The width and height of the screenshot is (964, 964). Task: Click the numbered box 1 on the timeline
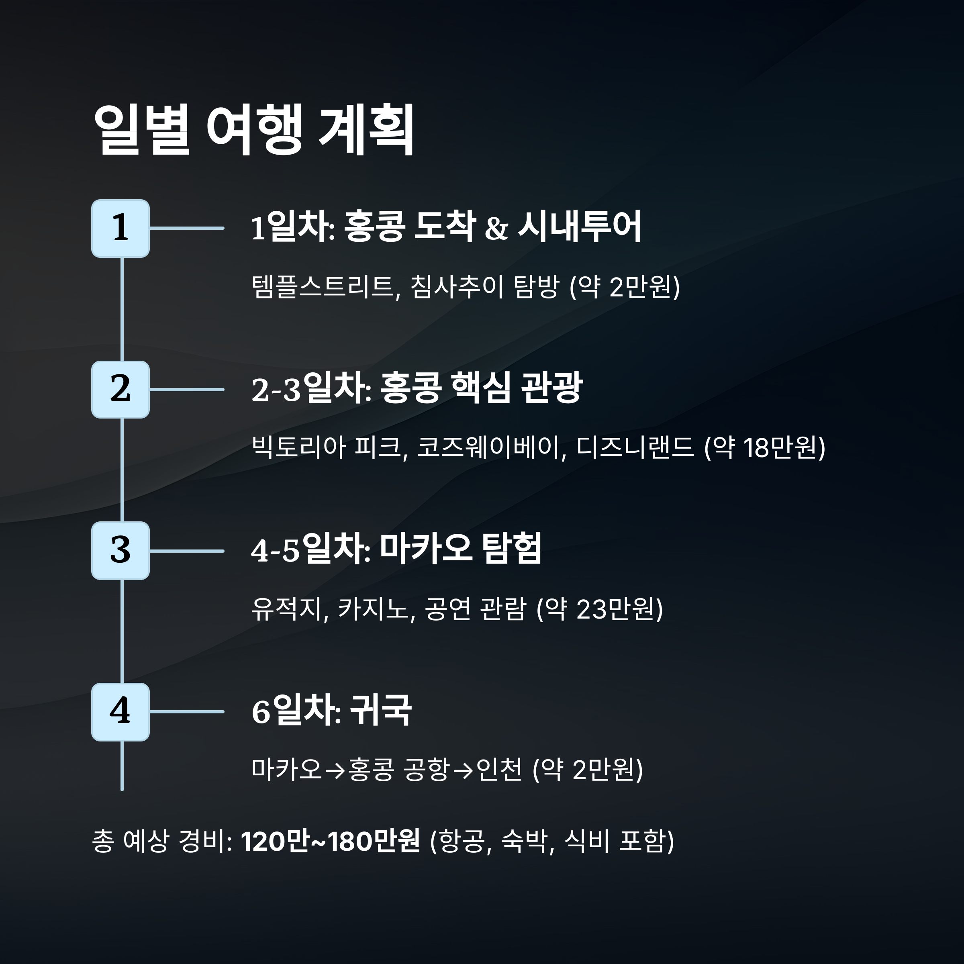pyautogui.click(x=120, y=229)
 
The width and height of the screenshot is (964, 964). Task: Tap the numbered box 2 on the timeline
pyautogui.click(x=120, y=390)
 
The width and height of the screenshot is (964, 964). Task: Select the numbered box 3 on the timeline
pyautogui.click(x=120, y=551)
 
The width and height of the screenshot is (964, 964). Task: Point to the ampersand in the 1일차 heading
pyautogui.click(x=496, y=229)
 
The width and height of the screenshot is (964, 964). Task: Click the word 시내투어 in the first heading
pyautogui.click(x=579, y=227)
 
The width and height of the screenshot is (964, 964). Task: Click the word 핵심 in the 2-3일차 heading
pyautogui.click(x=480, y=388)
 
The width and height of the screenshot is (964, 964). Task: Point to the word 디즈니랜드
pyautogui.click(x=635, y=447)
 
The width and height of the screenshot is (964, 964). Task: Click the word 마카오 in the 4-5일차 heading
pyautogui.click(x=425, y=549)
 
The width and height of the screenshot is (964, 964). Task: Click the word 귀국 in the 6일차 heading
pyautogui.click(x=381, y=710)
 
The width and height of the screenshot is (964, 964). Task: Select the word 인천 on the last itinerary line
pyautogui.click(x=499, y=770)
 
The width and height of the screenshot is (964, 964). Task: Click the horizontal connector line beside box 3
pyautogui.click(x=187, y=551)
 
